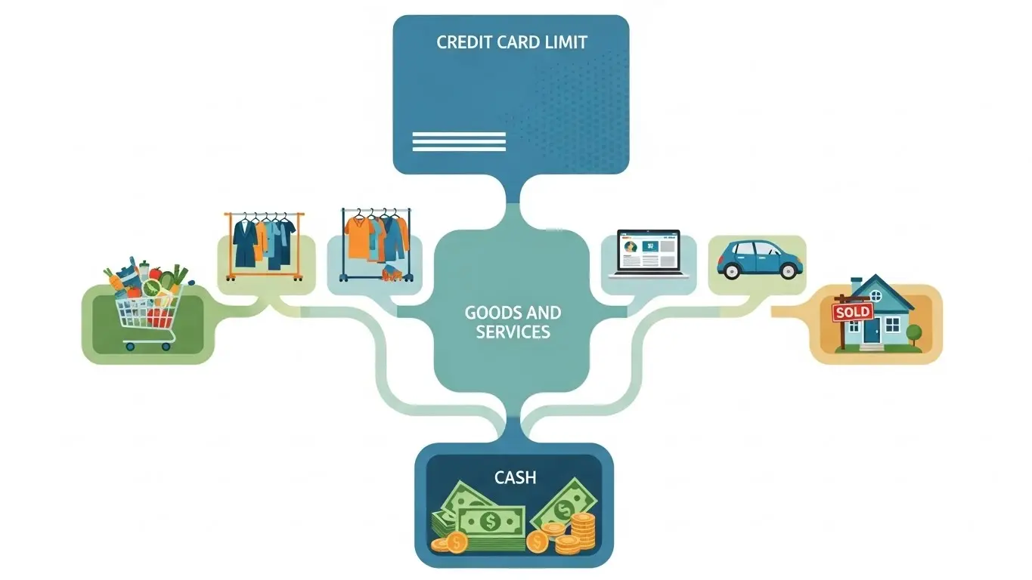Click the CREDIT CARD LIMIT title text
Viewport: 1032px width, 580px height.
point(511,42)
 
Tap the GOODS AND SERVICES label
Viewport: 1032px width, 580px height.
point(513,322)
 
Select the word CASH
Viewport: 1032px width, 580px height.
point(515,478)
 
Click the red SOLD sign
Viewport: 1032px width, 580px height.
point(852,312)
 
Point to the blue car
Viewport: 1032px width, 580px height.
point(759,258)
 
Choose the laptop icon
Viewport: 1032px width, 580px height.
point(649,253)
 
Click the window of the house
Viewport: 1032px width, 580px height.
point(893,324)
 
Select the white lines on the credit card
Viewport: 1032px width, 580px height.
point(458,142)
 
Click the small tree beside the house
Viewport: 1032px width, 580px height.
point(914,333)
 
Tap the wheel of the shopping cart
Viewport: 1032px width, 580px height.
point(129,347)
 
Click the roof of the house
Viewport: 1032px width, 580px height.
point(877,288)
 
